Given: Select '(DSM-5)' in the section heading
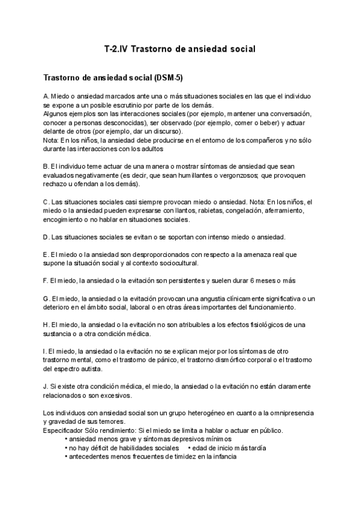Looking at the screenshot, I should (x=170, y=78).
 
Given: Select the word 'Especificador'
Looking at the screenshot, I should (x=65, y=430).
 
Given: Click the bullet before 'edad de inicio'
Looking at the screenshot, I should (x=189, y=448).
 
